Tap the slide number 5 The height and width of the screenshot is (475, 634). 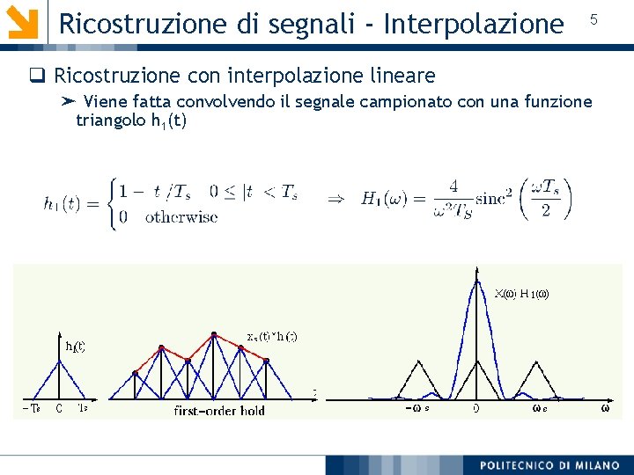click(593, 19)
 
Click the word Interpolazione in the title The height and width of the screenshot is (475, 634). click(476, 23)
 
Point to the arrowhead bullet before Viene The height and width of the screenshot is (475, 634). click(69, 102)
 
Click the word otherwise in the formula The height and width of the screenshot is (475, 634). click(181, 216)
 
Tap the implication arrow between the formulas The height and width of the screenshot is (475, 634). click(335, 199)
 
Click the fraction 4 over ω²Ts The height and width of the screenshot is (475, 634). click(452, 200)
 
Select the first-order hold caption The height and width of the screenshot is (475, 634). click(219, 410)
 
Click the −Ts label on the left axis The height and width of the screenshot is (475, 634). click(30, 408)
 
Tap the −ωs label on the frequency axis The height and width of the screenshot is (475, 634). click(417, 407)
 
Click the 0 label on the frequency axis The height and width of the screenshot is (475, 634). click(475, 407)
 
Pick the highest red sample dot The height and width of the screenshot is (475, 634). click(214, 333)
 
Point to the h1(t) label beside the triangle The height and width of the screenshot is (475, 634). click(76, 346)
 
